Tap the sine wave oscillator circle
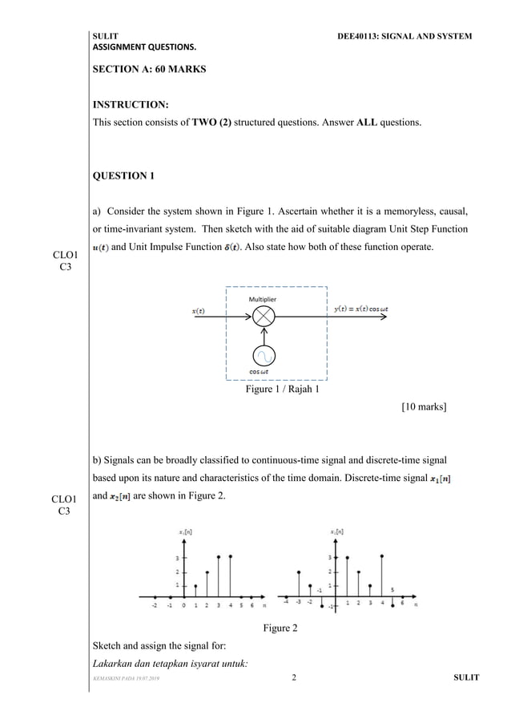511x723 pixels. (x=264, y=356)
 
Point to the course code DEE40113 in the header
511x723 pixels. (x=363, y=37)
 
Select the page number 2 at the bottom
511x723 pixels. (x=294, y=679)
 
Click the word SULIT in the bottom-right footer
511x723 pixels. (x=465, y=679)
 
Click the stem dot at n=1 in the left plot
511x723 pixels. (x=195, y=586)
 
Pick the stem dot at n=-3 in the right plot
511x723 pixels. (x=299, y=572)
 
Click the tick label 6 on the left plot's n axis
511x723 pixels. (x=251, y=606)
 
